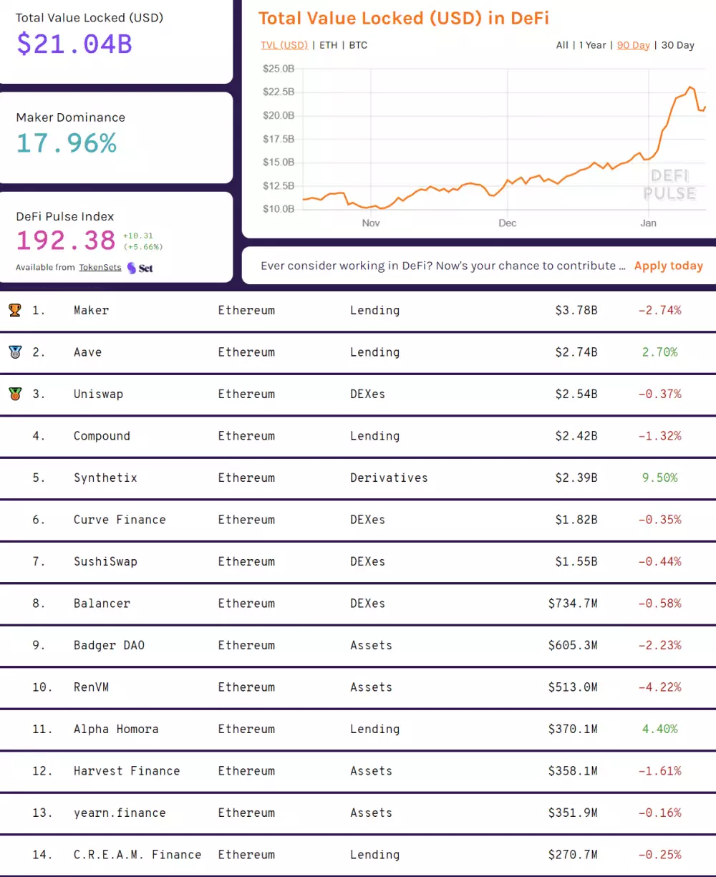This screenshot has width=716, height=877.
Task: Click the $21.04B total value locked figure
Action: click(x=74, y=44)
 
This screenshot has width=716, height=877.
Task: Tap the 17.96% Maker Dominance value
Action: click(x=66, y=143)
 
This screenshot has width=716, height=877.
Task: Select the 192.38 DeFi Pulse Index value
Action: click(x=66, y=240)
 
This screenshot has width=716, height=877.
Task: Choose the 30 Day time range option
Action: click(x=677, y=45)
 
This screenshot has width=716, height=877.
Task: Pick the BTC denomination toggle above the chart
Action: click(x=358, y=45)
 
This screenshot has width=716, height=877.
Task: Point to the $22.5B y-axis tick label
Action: click(x=279, y=92)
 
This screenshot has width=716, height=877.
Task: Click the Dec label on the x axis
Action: click(x=507, y=223)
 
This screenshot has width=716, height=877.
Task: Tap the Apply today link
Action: click(x=668, y=266)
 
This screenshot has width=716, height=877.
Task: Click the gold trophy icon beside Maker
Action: click(x=14, y=310)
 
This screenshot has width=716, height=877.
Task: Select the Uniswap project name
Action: click(x=98, y=394)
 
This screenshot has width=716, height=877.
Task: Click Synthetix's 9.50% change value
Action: click(x=659, y=478)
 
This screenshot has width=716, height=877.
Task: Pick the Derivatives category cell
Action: click(x=389, y=478)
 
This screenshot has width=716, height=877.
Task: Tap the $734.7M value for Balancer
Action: click(x=572, y=604)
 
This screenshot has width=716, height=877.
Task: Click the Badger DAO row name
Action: click(x=109, y=645)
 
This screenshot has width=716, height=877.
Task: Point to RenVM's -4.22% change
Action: click(x=659, y=687)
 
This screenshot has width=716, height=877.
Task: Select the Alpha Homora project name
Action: click(x=116, y=729)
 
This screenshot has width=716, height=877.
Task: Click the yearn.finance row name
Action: click(x=120, y=813)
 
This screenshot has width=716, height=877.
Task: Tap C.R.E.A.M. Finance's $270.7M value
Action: click(x=572, y=855)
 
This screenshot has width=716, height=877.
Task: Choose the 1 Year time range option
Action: click(x=592, y=45)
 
